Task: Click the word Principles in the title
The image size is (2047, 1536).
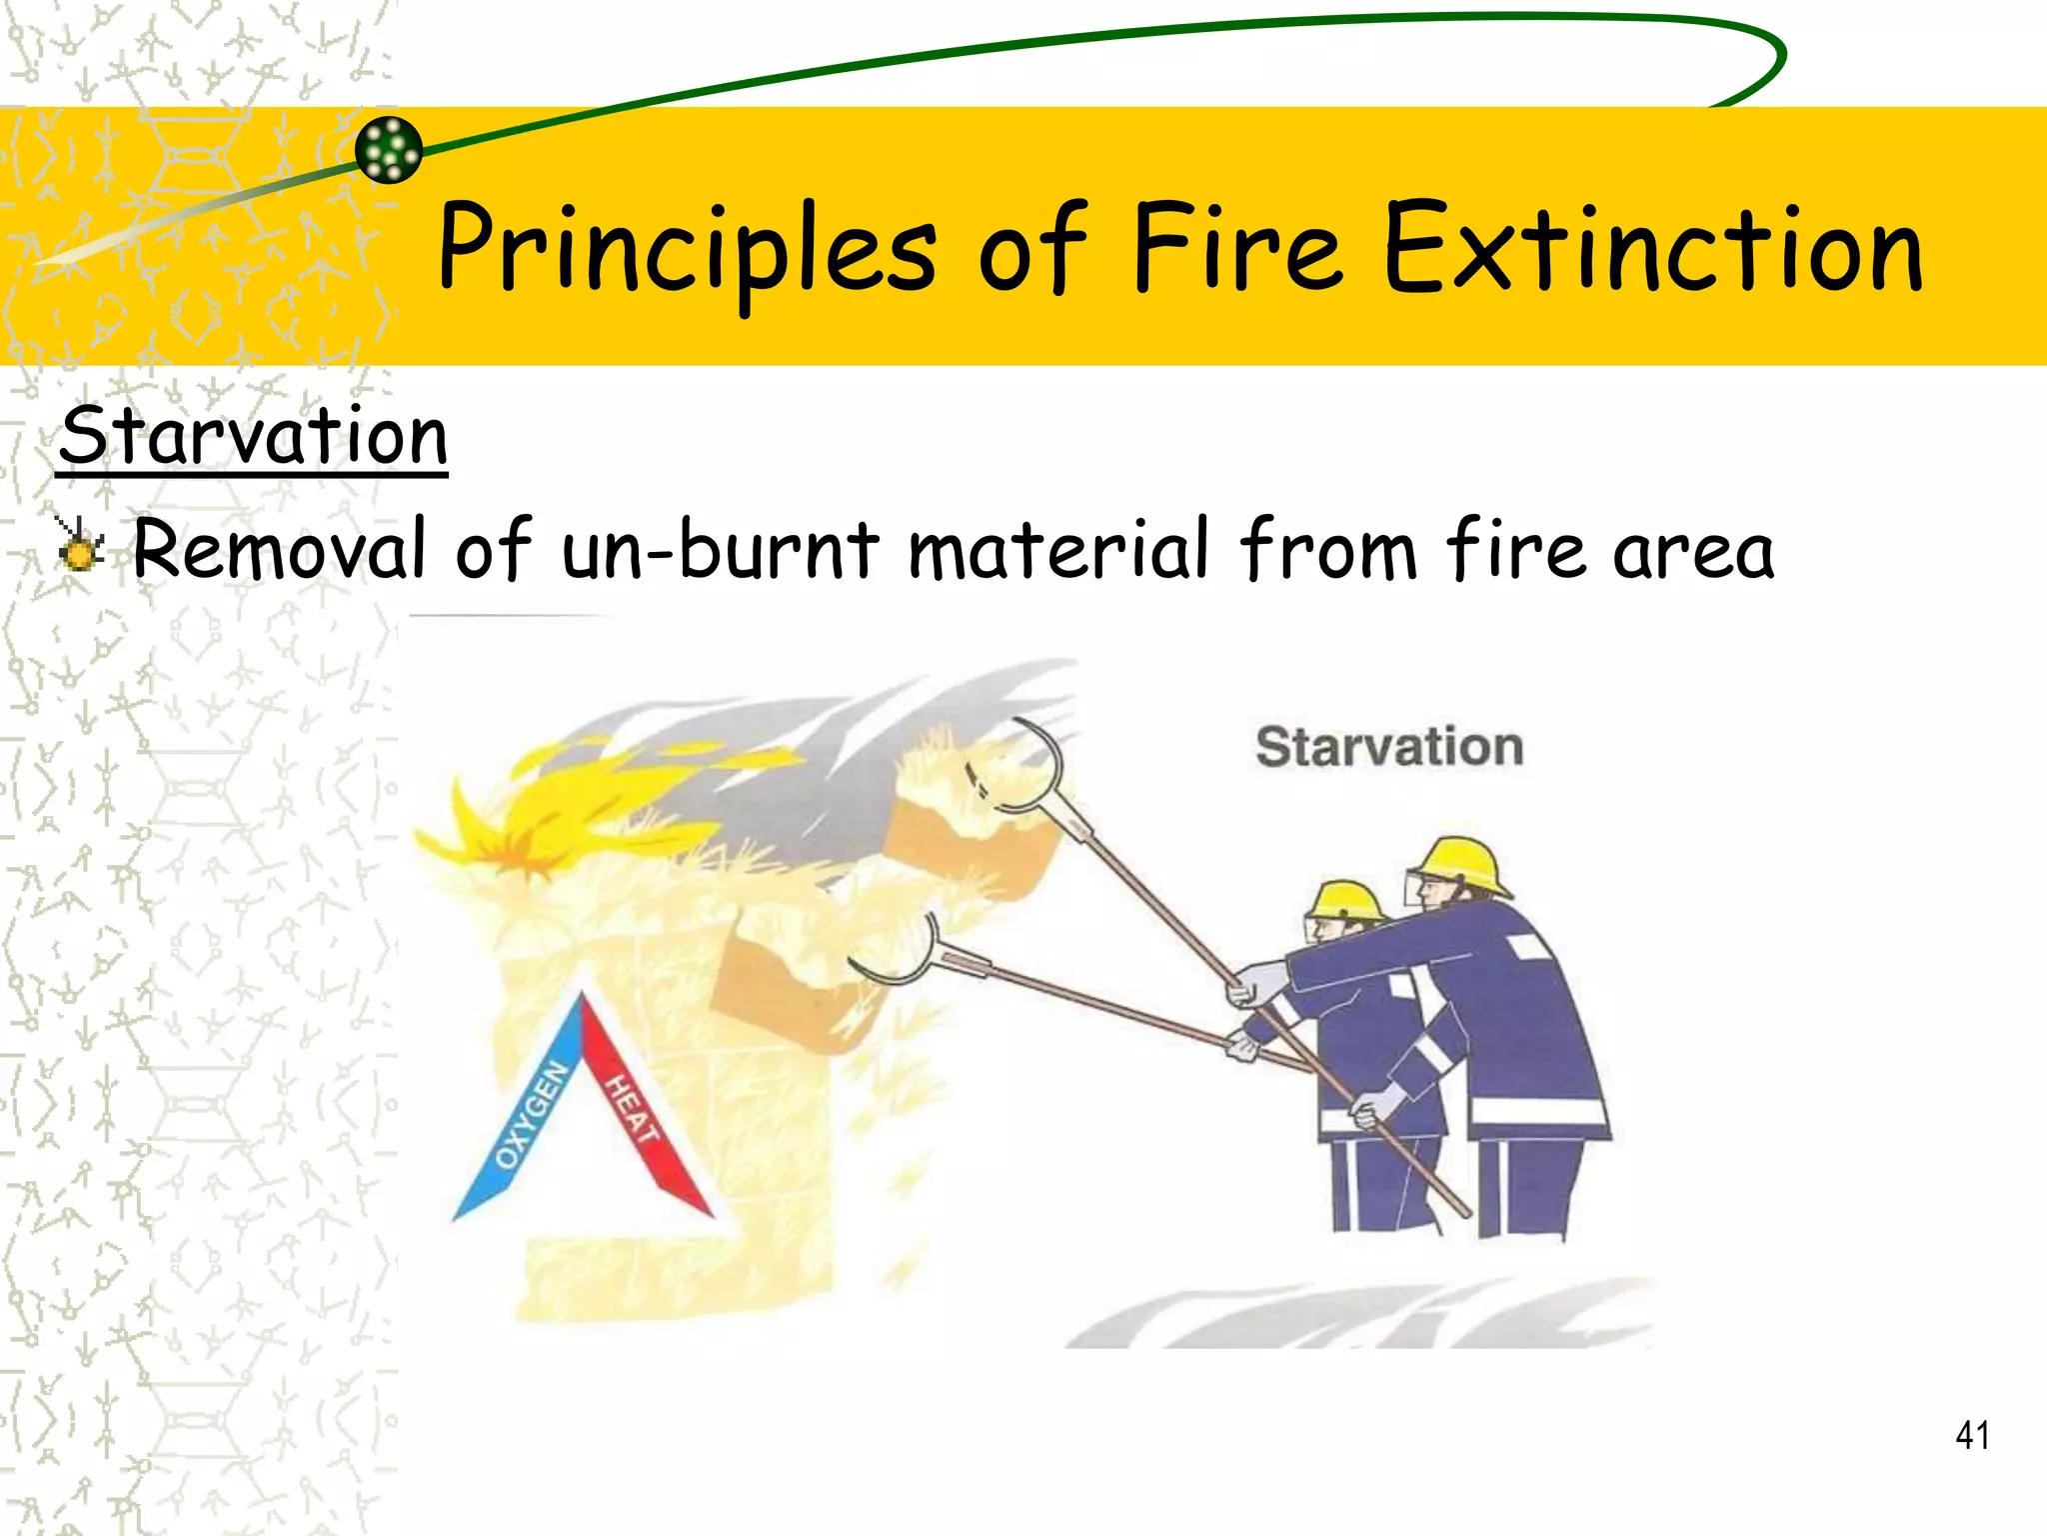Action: pyautogui.click(x=688, y=250)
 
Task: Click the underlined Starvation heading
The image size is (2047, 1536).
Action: pyautogui.click(x=253, y=437)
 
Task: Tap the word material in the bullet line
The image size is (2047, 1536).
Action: pyautogui.click(x=1058, y=549)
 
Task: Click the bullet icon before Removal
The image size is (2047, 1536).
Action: pyautogui.click(x=79, y=545)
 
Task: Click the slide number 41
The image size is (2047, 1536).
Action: pyautogui.click(x=1972, y=1435)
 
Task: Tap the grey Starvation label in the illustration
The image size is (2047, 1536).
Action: pyautogui.click(x=1389, y=747)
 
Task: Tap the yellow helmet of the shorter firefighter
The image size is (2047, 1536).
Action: pyautogui.click(x=1346, y=900)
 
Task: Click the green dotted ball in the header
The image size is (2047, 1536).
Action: pyautogui.click(x=389, y=150)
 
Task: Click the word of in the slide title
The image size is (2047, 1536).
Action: pyautogui.click(x=1031, y=250)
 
